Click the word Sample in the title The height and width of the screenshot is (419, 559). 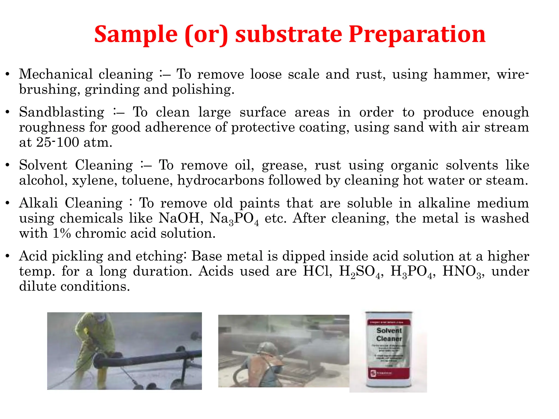136,34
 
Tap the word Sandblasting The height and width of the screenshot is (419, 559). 62,112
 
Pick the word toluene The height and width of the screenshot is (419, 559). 147,180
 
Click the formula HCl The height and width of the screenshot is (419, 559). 317,271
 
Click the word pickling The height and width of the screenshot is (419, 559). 77,256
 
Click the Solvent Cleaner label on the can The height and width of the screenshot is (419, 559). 389,334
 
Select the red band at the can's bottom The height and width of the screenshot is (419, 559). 389,373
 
